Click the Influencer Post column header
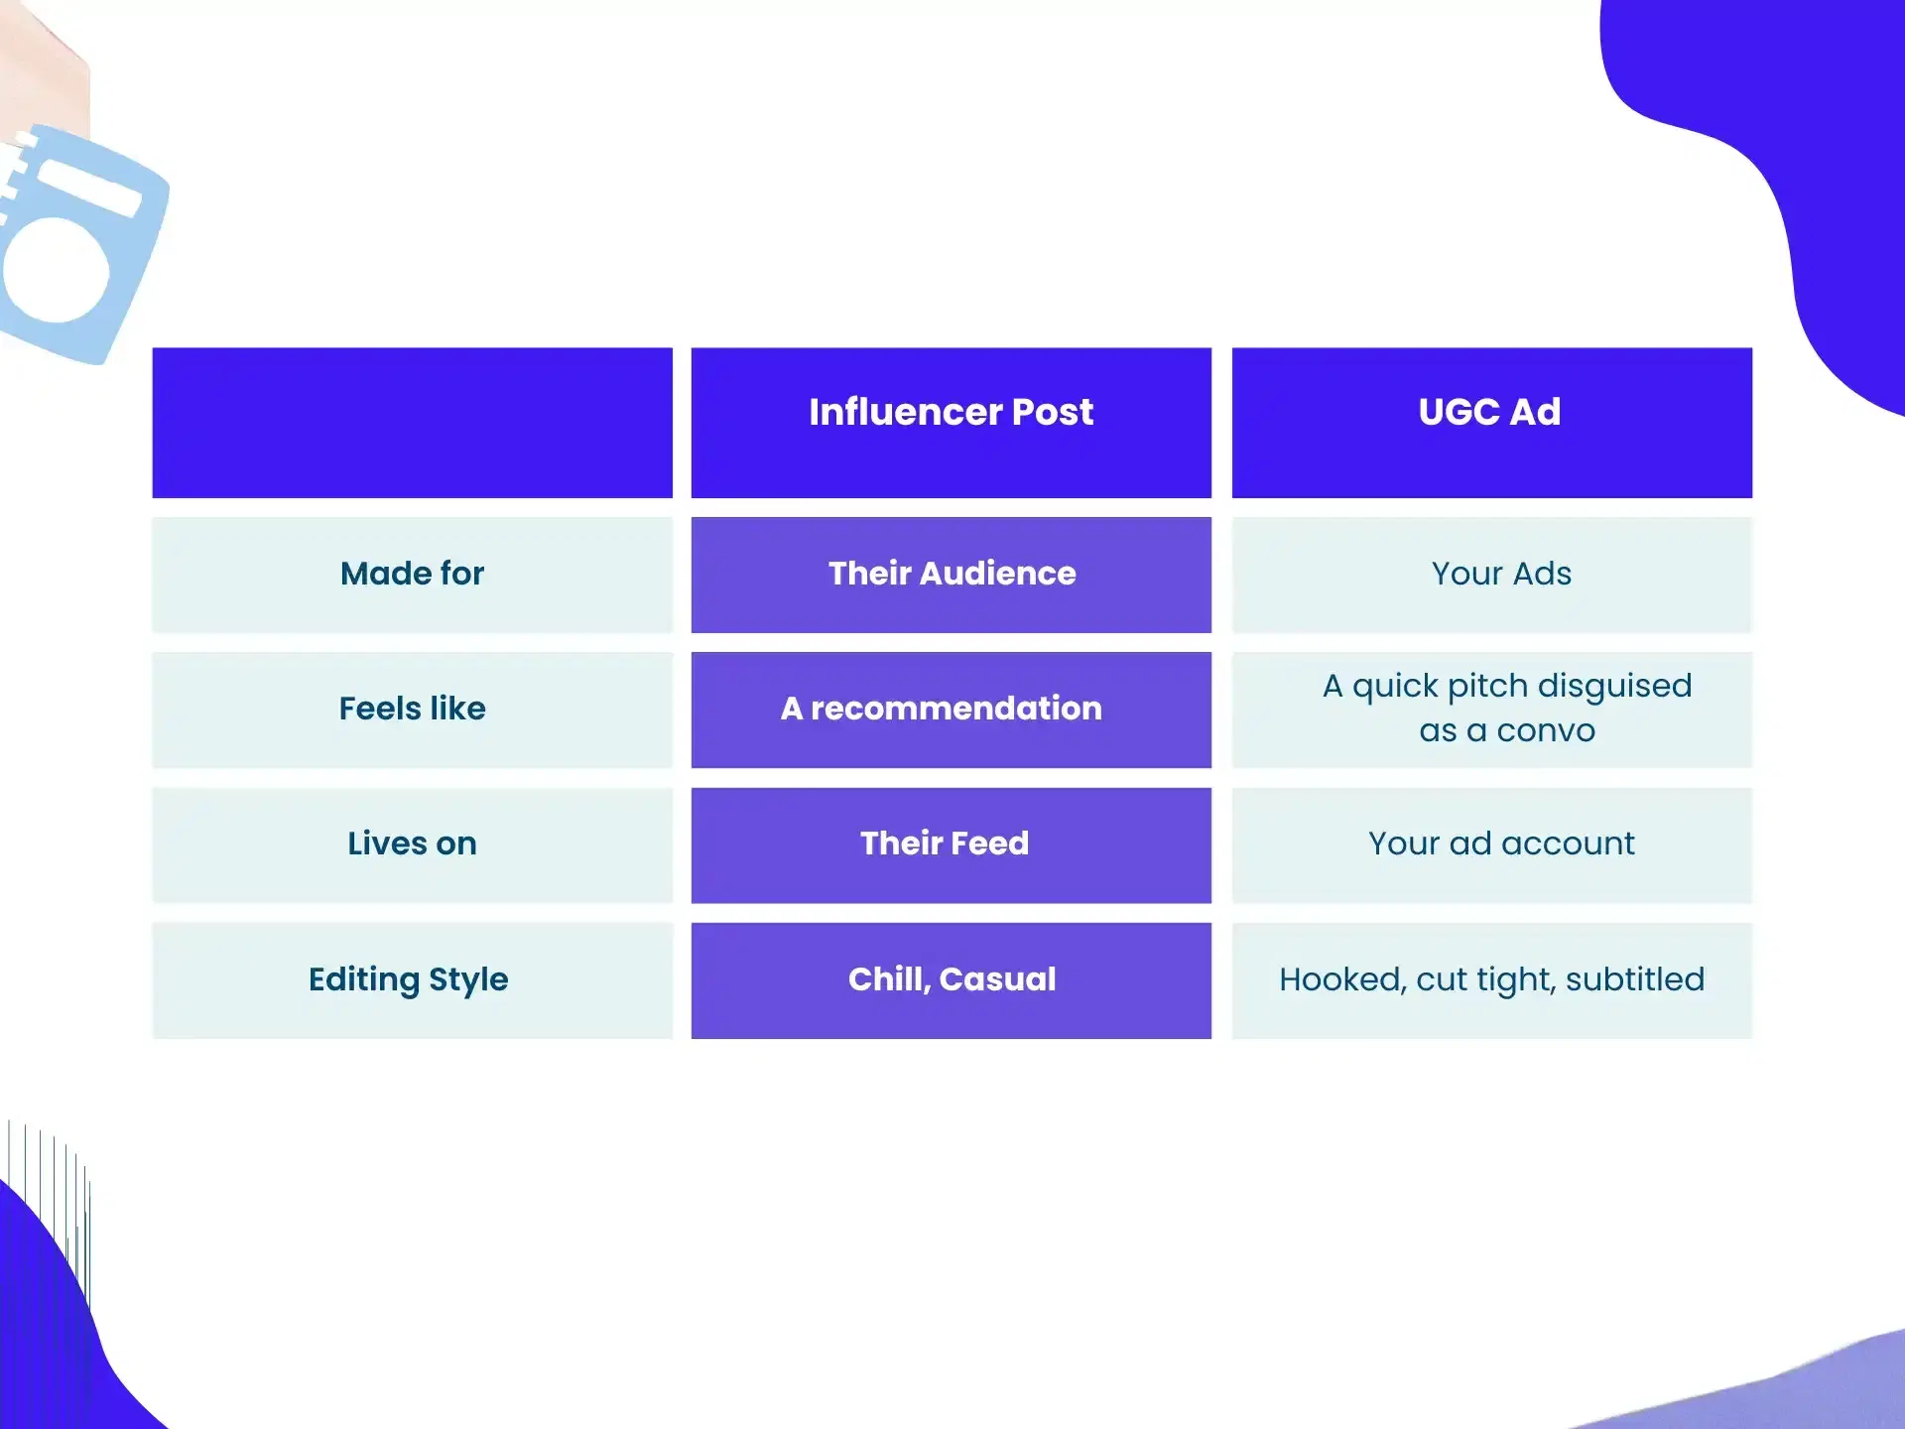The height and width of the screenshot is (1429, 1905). (951, 423)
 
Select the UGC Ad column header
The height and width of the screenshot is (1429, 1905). (1491, 423)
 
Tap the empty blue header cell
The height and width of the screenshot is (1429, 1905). (412, 423)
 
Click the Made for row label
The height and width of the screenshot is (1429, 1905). (412, 575)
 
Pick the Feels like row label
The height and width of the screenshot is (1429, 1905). (412, 710)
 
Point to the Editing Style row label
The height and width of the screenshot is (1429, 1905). (412, 980)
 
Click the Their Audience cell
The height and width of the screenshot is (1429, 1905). (951, 575)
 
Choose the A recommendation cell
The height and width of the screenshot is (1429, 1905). (951, 710)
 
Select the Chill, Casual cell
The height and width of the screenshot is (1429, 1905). (951, 980)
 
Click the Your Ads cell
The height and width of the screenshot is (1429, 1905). (1491, 575)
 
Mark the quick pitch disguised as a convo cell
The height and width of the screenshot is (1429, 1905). (1491, 710)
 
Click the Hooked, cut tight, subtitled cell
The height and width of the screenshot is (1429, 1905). (1491, 980)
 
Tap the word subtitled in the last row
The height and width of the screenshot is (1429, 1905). (1635, 979)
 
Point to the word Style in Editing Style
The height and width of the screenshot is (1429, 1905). (468, 980)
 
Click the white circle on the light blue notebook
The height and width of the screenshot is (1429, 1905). (56, 270)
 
